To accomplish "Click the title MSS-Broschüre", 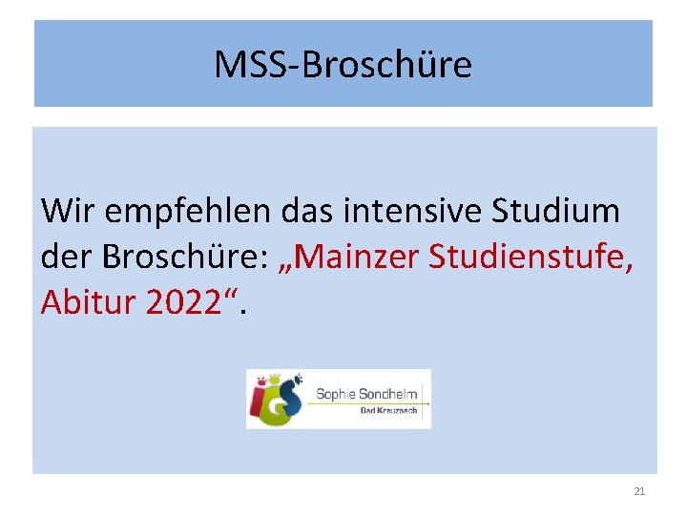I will (343, 65).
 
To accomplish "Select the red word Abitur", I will (89, 302).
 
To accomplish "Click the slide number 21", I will (639, 491).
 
